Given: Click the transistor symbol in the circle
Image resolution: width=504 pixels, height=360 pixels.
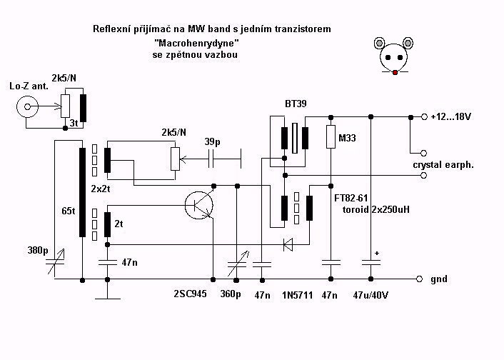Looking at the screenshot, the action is (199, 205).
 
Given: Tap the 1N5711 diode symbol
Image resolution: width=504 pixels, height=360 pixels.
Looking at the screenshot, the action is (288, 244).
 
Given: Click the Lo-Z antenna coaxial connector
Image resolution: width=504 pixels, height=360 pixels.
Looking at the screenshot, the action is (27, 106).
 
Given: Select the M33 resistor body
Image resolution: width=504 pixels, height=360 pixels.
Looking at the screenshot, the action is (331, 136).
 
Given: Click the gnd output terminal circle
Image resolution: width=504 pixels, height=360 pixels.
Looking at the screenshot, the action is (419, 279).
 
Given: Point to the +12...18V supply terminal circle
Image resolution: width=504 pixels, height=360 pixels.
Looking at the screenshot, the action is (424, 117).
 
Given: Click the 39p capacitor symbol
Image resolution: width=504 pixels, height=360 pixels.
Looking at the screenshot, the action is (211, 159).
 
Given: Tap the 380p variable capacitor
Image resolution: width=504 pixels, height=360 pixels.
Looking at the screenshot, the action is (56, 262).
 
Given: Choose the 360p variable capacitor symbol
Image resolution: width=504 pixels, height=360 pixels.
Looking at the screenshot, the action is (237, 264).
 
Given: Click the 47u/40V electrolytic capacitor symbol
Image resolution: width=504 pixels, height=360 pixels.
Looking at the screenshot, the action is (371, 262).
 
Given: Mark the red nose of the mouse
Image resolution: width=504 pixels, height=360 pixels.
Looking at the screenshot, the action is (395, 73).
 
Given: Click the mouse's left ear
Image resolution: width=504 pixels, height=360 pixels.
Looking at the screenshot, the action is (380, 43).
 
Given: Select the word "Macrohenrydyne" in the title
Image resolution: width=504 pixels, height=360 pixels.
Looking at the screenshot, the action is (196, 42).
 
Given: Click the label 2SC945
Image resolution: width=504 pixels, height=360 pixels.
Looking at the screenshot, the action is (190, 294).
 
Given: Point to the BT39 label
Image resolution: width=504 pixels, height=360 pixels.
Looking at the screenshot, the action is (296, 104).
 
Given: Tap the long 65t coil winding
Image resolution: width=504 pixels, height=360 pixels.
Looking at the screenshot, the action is (83, 192).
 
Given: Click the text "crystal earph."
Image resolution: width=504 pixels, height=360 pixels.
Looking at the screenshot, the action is (443, 165).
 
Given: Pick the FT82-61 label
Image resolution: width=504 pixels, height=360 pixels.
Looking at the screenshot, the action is (351, 198).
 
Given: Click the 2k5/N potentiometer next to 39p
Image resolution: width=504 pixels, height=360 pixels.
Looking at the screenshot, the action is (175, 159).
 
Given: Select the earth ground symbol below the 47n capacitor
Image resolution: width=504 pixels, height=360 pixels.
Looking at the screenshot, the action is (108, 294).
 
